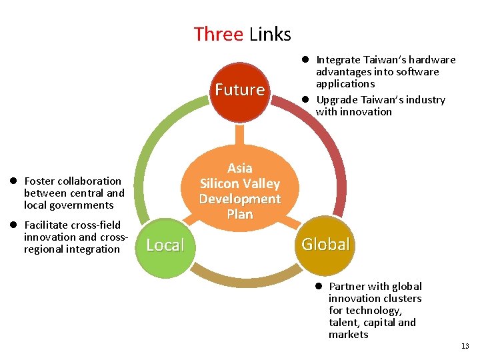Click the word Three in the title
click(218, 33)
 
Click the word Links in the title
click(270, 33)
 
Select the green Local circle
click(165, 245)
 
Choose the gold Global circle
click(325, 244)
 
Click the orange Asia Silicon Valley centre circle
click(240, 191)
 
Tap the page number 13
click(465, 346)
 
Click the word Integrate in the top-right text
click(337, 60)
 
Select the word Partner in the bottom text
click(347, 287)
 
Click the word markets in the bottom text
click(348, 334)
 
